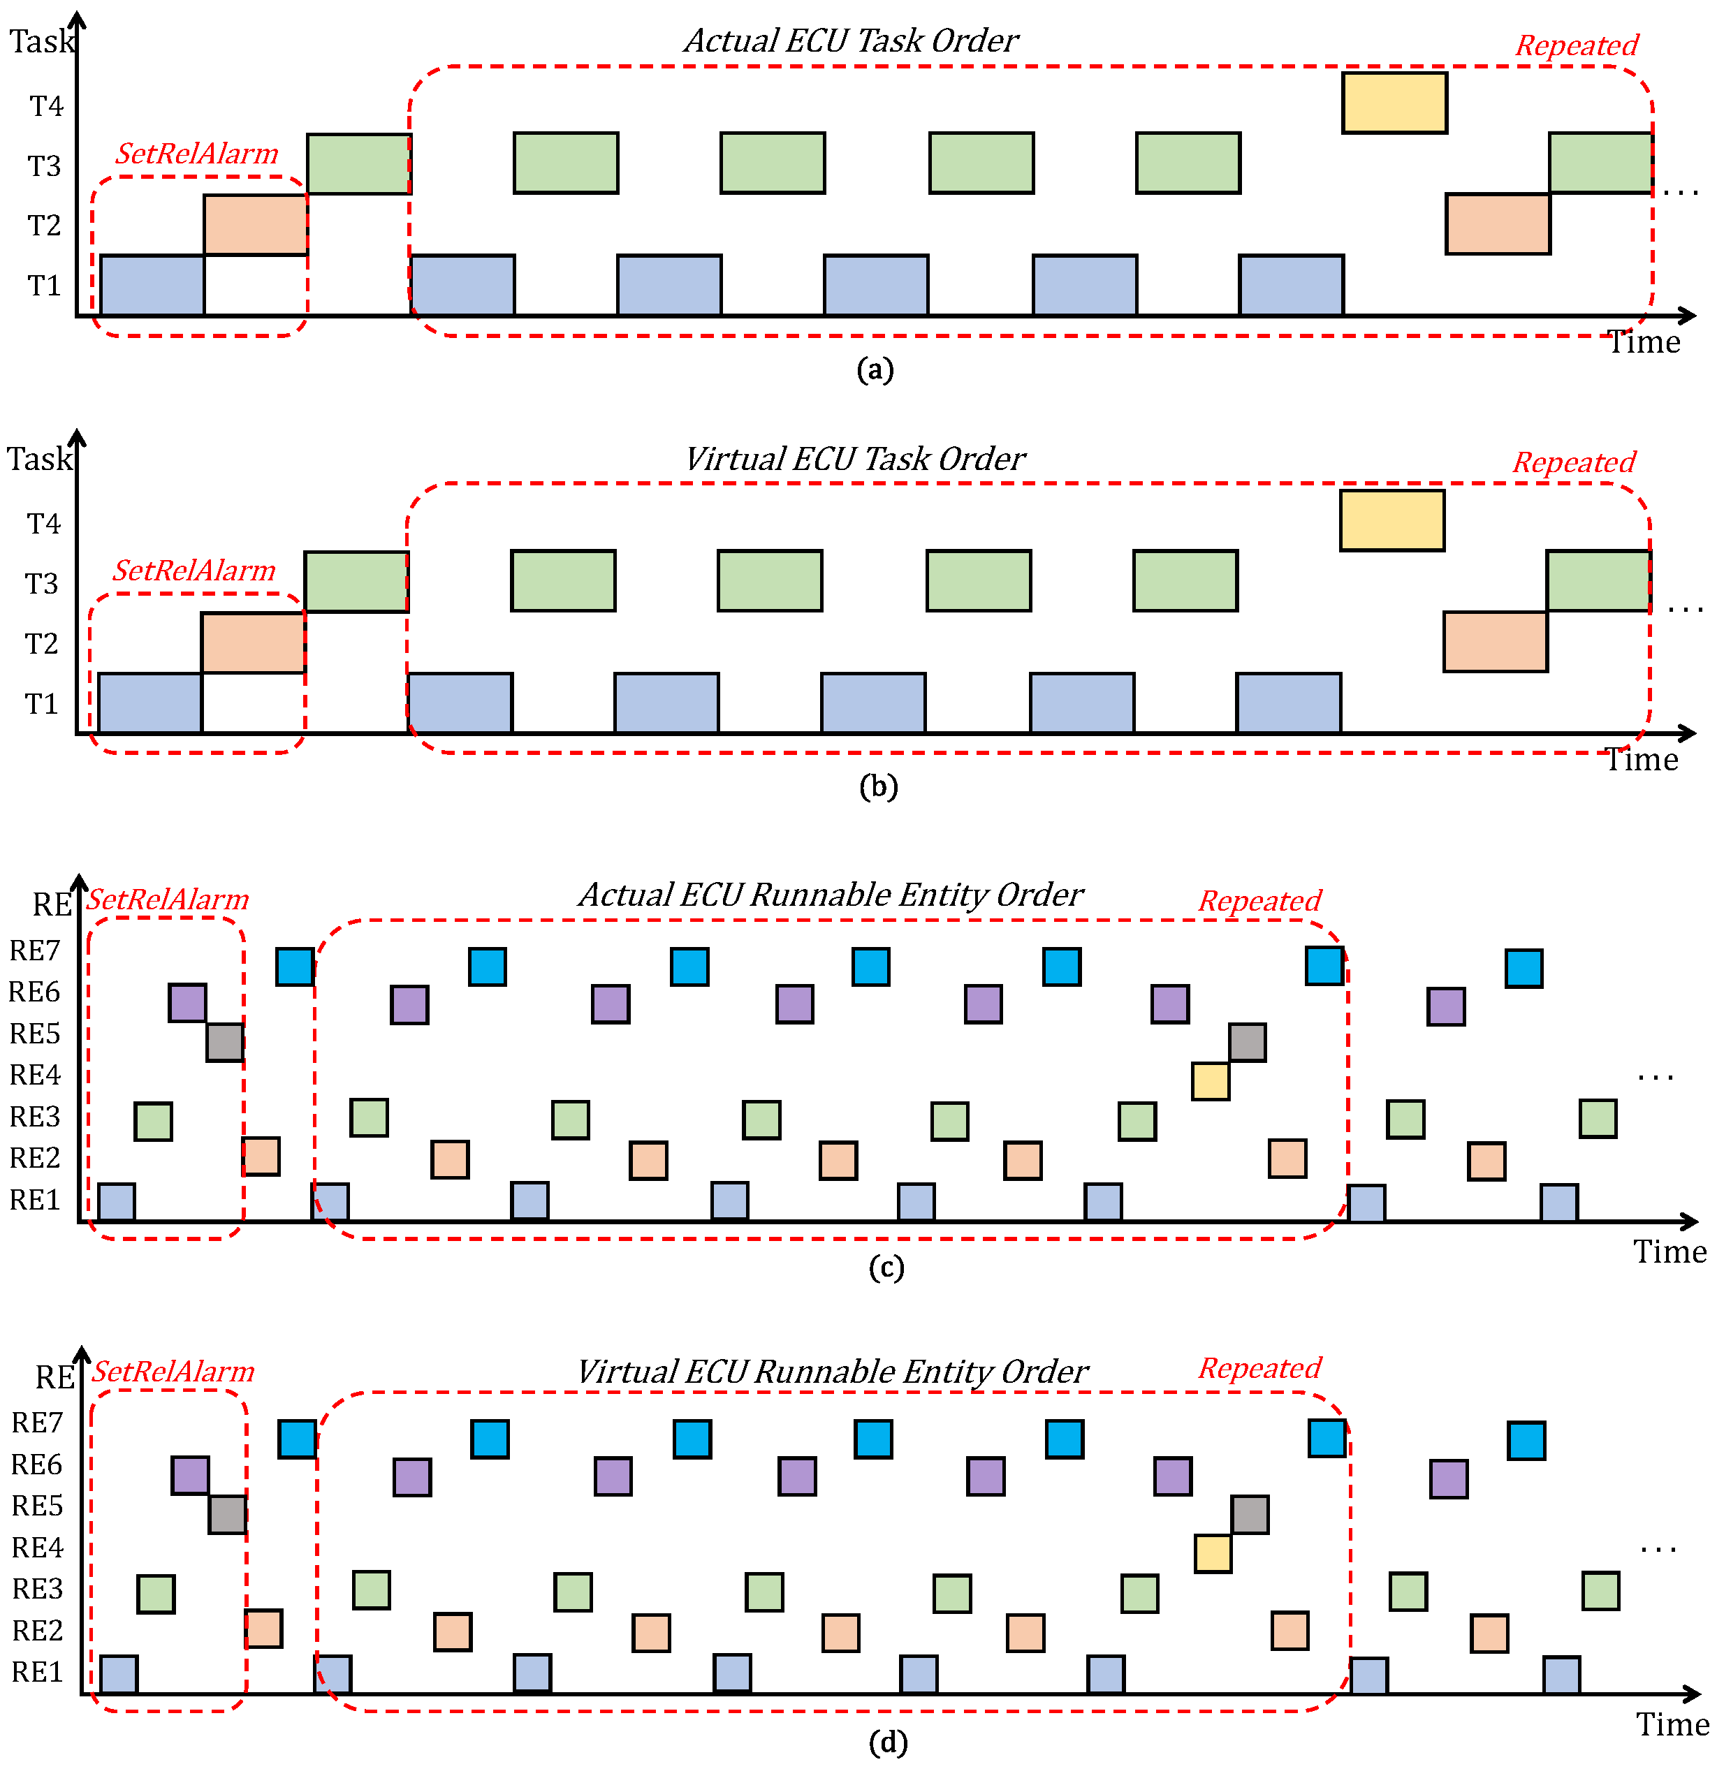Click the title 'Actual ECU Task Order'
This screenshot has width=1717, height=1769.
click(850, 41)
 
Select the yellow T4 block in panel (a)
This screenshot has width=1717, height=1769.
click(1394, 103)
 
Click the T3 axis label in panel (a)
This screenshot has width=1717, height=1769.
click(44, 166)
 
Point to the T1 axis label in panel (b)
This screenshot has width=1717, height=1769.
click(41, 704)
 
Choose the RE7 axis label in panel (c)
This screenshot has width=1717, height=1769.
click(34, 950)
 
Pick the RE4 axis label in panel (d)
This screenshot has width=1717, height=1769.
click(37, 1548)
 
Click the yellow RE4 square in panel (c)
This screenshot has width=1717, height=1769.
click(1210, 1081)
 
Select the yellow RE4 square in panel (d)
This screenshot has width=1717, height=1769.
click(1213, 1553)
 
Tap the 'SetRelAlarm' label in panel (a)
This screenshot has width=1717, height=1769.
click(197, 154)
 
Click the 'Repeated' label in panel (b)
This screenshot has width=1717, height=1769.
click(1574, 462)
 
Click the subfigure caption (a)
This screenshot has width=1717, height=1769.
click(875, 369)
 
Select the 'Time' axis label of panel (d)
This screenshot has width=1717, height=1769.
click(1672, 1725)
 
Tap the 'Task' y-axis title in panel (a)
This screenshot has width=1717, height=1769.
click(41, 41)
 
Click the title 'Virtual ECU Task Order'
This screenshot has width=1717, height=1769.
click(855, 459)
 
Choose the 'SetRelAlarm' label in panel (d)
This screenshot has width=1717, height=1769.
click(173, 1372)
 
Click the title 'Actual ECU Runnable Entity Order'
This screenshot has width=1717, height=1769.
click(831, 895)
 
